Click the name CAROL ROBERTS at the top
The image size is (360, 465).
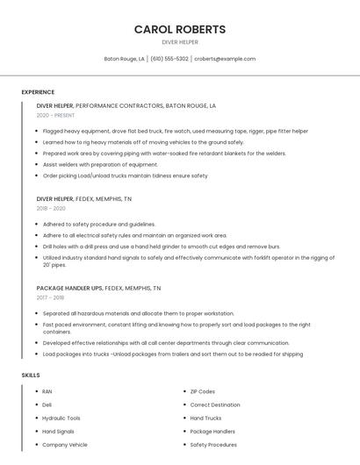[180, 29]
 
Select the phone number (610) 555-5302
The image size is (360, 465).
[169, 59]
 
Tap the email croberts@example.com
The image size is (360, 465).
[225, 59]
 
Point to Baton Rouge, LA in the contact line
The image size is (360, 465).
[124, 59]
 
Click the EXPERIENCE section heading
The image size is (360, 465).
[38, 92]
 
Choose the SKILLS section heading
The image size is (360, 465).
[31, 375]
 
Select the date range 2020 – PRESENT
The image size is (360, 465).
[55, 115]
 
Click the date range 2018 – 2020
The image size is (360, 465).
[51, 208]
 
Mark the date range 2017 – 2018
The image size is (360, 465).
[50, 297]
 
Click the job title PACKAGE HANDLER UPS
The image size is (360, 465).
[69, 288]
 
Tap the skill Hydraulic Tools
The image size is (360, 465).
[61, 418]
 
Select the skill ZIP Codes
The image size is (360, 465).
[203, 391]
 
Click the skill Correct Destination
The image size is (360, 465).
[215, 404]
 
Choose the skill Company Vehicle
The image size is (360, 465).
[65, 445]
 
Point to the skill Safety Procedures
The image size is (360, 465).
[213, 445]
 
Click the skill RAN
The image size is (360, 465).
[47, 391]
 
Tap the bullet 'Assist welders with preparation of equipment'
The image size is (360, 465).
[100, 164]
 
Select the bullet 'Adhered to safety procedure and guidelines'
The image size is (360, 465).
[98, 224]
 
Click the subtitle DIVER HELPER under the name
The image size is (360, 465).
[180, 42]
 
